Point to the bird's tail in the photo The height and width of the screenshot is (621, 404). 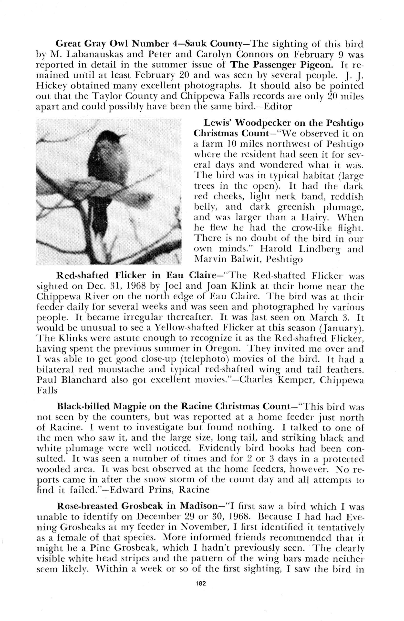click(x=100, y=216)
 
